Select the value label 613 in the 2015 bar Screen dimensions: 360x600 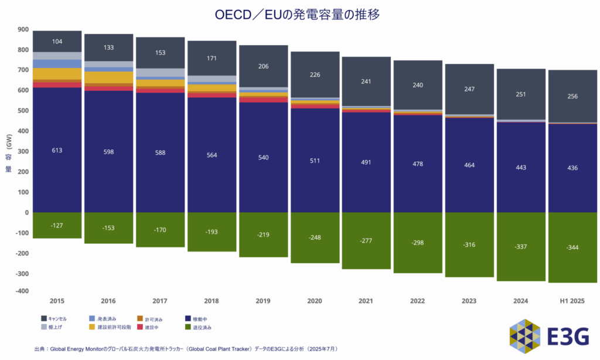[57, 151]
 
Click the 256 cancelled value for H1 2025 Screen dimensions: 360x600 [572, 97]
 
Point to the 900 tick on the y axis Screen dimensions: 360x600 [23, 29]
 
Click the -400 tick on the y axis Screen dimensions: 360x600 [22, 291]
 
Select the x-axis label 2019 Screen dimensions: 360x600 [262, 301]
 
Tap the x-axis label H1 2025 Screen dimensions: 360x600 [572, 301]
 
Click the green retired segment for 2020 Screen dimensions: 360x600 [314, 237]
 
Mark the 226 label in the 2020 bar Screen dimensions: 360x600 [314, 74]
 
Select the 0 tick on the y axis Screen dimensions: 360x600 [26, 212]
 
